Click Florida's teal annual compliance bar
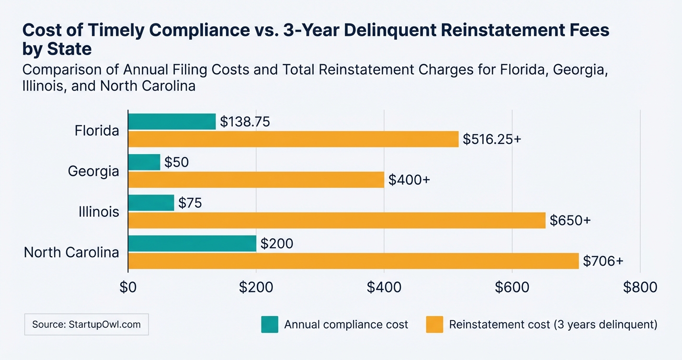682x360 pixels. click(172, 122)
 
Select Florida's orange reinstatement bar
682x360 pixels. click(293, 139)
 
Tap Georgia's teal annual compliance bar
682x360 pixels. click(144, 162)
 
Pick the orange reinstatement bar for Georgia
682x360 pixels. click(256, 180)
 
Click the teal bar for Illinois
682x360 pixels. click(151, 203)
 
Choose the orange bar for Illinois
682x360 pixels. click(337, 220)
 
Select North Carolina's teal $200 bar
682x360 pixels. click(193, 244)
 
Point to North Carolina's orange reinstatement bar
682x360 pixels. click(353, 261)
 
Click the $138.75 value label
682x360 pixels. click(245, 122)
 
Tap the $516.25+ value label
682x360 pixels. click(491, 139)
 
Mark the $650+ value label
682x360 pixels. click(570, 221)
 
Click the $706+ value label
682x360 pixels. click(603, 261)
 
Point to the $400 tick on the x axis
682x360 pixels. click(384, 287)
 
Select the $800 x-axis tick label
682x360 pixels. click(640, 287)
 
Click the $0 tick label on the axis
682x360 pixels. click(128, 287)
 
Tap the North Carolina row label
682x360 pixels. click(71, 252)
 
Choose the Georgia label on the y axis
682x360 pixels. click(93, 171)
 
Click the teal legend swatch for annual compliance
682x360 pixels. click(269, 325)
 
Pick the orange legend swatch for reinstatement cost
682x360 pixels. click(434, 325)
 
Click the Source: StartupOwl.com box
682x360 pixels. click(86, 325)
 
